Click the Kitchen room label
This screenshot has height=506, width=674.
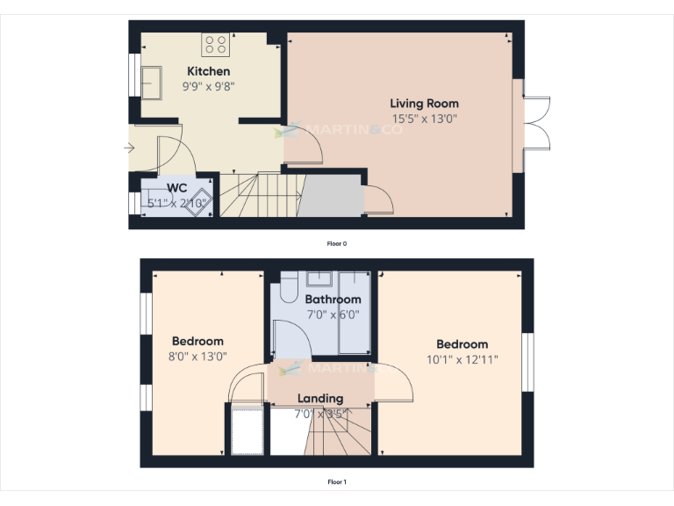coord(208,71)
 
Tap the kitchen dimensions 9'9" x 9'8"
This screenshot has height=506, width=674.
coord(208,86)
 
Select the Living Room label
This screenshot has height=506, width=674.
coord(424,103)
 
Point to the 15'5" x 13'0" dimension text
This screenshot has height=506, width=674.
coord(424,118)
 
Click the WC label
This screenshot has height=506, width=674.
coord(176,187)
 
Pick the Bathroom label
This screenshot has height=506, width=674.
coord(333,300)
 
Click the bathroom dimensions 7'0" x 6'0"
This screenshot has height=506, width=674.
coord(333,314)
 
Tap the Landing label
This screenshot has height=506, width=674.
coord(319,398)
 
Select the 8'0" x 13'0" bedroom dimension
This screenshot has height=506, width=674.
coord(197,357)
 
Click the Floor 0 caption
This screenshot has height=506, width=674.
coord(337,243)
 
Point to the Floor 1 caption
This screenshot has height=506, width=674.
coord(337,481)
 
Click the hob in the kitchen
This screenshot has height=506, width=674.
coord(215,44)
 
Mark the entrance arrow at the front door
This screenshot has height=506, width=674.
coord(130,148)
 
